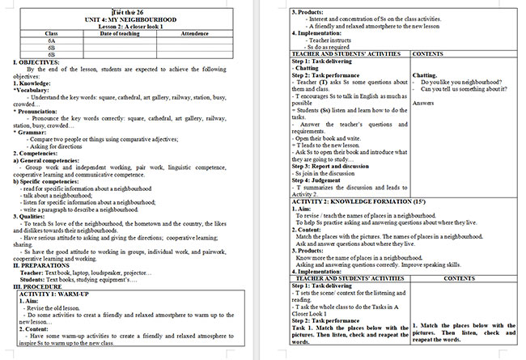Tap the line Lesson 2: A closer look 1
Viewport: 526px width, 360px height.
click(135, 27)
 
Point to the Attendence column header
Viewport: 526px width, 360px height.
click(194, 33)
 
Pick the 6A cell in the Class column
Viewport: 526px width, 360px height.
click(51, 40)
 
